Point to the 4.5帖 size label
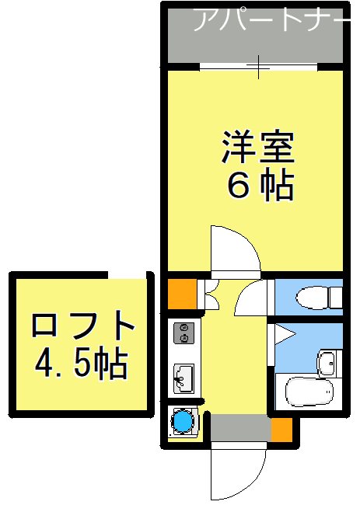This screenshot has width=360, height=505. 82,362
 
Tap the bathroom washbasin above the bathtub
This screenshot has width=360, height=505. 327,361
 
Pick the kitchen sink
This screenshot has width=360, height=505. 184,377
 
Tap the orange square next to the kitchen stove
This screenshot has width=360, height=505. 180,292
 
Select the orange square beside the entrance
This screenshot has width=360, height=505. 281,428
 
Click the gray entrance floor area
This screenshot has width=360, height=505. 239,428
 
